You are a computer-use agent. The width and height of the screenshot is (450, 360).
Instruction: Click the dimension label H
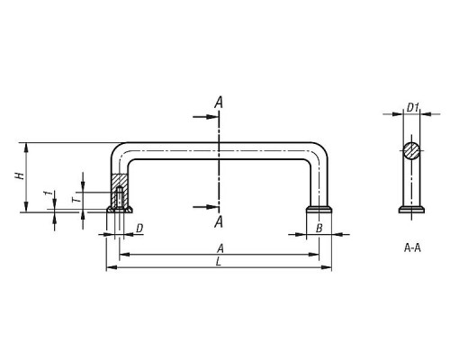(x=20, y=175)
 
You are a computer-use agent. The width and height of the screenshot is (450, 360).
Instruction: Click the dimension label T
(x=76, y=199)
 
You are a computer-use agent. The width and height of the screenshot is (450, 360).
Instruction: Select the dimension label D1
(x=413, y=107)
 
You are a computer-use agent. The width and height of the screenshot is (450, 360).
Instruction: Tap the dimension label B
(x=319, y=229)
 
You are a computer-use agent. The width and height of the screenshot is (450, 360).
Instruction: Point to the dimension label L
(x=219, y=262)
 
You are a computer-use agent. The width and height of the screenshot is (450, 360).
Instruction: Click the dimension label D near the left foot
(x=139, y=229)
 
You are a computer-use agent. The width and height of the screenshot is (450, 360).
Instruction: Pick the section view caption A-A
(x=412, y=248)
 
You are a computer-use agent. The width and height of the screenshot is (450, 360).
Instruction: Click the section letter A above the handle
(x=219, y=103)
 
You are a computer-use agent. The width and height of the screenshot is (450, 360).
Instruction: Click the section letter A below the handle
(x=219, y=222)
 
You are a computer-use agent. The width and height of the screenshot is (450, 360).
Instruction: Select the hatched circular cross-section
(x=411, y=150)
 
